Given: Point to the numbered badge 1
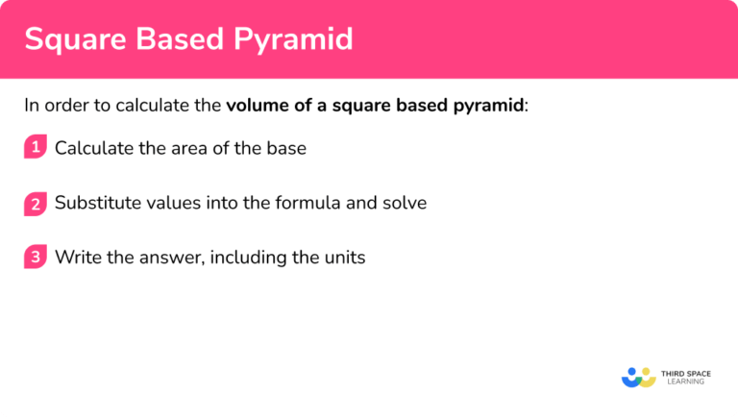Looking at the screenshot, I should pyautogui.click(x=36, y=148).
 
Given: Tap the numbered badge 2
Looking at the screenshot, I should pyautogui.click(x=36, y=203).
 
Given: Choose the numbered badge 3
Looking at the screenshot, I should pyautogui.click(x=36, y=258).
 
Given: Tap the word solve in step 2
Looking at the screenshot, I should pyautogui.click(x=405, y=203).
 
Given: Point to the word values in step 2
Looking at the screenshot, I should pyautogui.click(x=165, y=203).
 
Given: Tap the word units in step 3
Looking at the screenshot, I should pyautogui.click(x=344, y=258).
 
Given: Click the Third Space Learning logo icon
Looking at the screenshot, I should pyautogui.click(x=637, y=377).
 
